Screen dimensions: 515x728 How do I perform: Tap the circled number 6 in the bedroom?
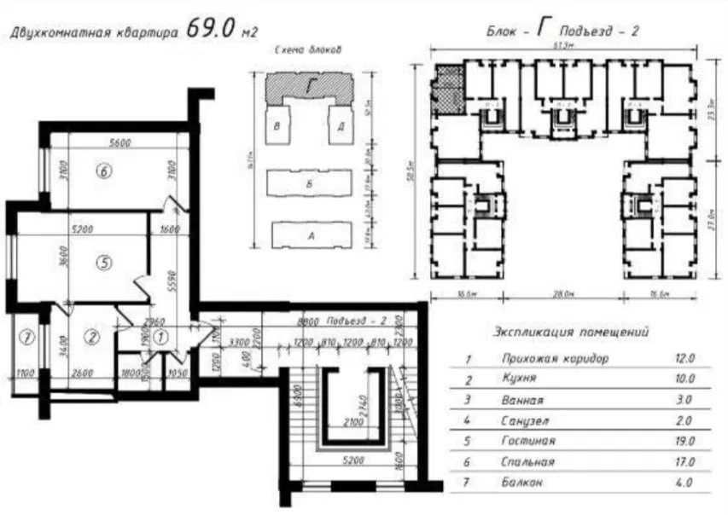point(104,171)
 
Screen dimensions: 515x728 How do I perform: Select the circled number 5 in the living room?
point(104,263)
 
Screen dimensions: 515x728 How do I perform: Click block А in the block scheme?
point(311,234)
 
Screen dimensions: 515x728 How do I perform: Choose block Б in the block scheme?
point(311,183)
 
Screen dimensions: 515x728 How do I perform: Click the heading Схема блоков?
point(310,50)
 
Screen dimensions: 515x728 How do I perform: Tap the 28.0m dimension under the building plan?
point(562,294)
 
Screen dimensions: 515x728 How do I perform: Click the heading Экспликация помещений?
point(572,332)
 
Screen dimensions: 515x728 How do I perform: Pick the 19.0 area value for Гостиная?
point(684,441)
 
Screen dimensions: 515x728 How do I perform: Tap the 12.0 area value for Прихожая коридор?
point(684,359)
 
